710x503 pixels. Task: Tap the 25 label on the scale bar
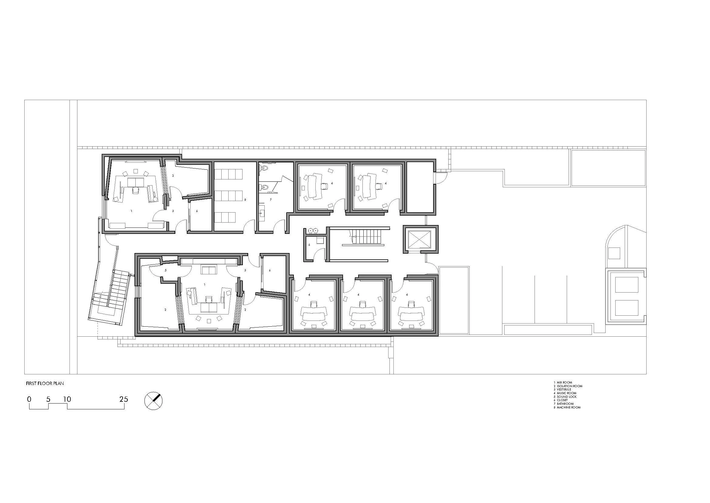coord(124,399)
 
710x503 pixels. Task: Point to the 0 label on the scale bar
coord(29,399)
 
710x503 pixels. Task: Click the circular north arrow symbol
coord(153,401)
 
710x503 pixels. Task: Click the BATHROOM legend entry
coord(565,404)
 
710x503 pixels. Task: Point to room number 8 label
coord(245,200)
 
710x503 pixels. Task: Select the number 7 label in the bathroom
coord(270,200)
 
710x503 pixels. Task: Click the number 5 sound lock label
coord(166,270)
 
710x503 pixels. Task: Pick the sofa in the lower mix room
coord(208,270)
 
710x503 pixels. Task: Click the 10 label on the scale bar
coord(67,399)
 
